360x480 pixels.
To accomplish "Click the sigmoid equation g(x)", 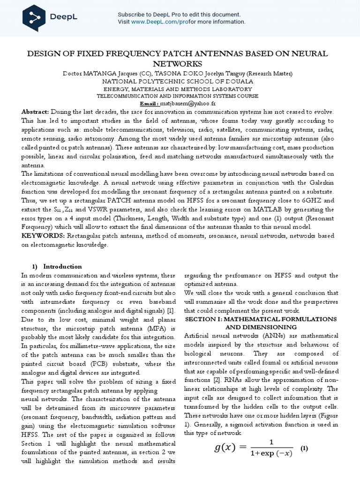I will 253,448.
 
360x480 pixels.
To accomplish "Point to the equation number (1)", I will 304,448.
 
